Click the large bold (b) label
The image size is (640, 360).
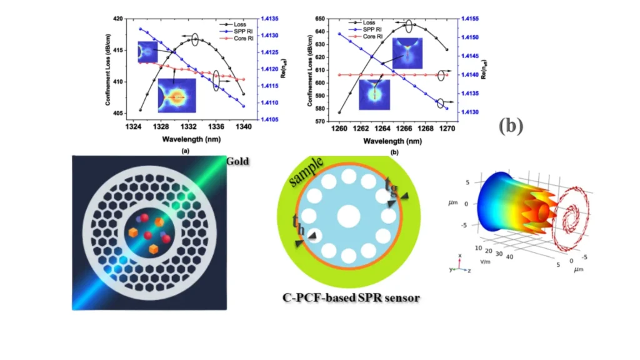click(510, 126)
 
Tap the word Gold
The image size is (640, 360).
click(237, 161)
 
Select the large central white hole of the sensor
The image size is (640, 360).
click(348, 217)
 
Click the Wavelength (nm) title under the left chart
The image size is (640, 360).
click(187, 137)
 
